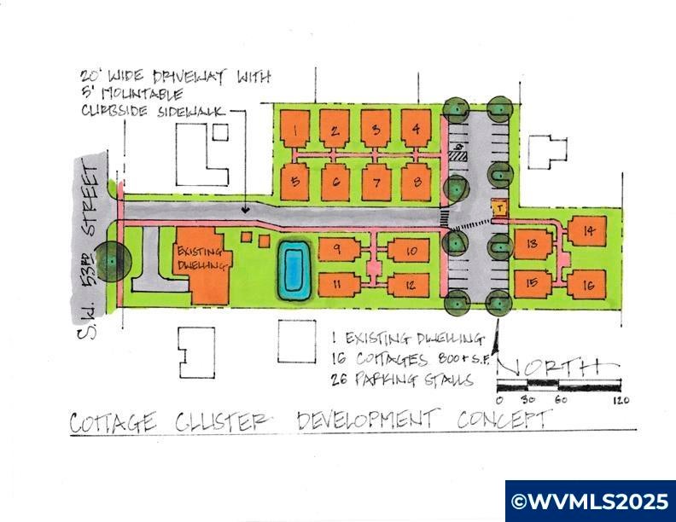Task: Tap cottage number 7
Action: tap(376, 182)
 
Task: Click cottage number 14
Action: tap(588, 232)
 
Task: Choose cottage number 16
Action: tap(588, 284)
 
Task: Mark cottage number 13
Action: tap(531, 246)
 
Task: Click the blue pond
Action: tap(293, 270)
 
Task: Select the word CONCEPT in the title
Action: tap(504, 419)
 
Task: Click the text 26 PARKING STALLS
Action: tap(400, 380)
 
